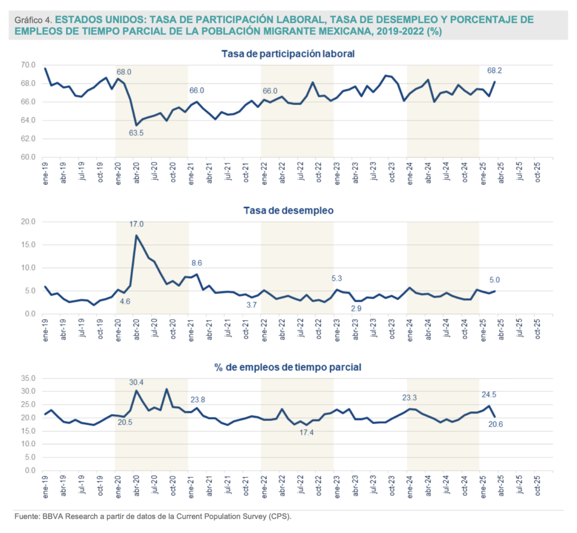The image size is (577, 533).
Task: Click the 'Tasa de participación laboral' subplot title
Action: click(x=288, y=54)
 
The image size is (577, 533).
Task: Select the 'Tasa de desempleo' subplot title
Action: click(x=288, y=211)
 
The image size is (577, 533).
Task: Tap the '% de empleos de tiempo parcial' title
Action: click(x=288, y=367)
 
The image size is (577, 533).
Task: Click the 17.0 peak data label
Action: click(x=136, y=224)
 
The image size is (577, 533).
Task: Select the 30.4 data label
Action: click(x=137, y=382)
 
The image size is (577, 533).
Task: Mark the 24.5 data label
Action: click(x=489, y=394)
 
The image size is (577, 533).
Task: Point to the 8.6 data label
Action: click(x=196, y=263)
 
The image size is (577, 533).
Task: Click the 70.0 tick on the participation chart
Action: click(x=28, y=65)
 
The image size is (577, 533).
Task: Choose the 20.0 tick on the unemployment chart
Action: click(x=28, y=222)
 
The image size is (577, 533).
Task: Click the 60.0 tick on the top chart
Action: click(x=28, y=157)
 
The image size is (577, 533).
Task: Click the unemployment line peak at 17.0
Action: click(x=136, y=236)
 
